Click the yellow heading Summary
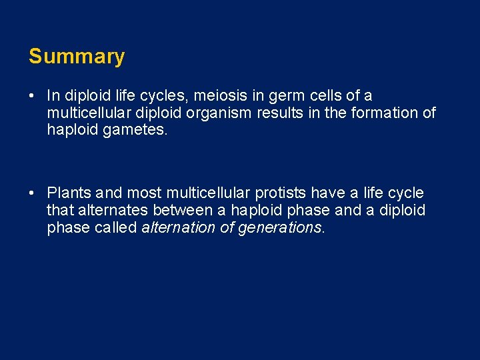click(77, 57)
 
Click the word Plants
click(69, 193)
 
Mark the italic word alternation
click(177, 227)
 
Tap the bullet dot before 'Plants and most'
click(32, 193)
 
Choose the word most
click(144, 193)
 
